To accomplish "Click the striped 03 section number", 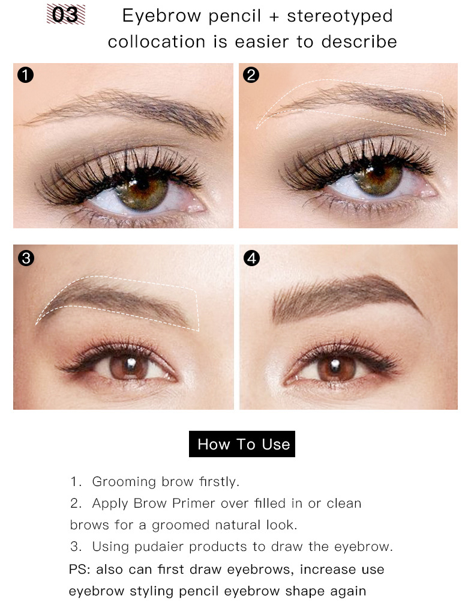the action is pyautogui.click(x=65, y=14).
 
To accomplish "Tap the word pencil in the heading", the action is pyautogui.click(x=235, y=16).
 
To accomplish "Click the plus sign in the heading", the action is pyautogui.click(x=274, y=16).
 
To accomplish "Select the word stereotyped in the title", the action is pyautogui.click(x=340, y=16).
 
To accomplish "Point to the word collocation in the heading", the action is pyautogui.click(x=157, y=41).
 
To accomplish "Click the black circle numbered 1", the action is pyautogui.click(x=25, y=74).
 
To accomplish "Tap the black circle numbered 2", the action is pyautogui.click(x=251, y=74).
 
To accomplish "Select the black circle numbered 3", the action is pyautogui.click(x=26, y=258).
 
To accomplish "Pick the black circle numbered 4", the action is pyautogui.click(x=251, y=258).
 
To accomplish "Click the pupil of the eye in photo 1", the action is pyautogui.click(x=143, y=185).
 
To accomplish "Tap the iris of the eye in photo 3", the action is pyautogui.click(x=129, y=366).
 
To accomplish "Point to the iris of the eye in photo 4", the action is pyautogui.click(x=335, y=367).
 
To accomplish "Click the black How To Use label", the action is pyautogui.click(x=242, y=444).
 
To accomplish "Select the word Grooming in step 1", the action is pyautogui.click(x=124, y=482).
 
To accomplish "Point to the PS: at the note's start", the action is pyautogui.click(x=79, y=569).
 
